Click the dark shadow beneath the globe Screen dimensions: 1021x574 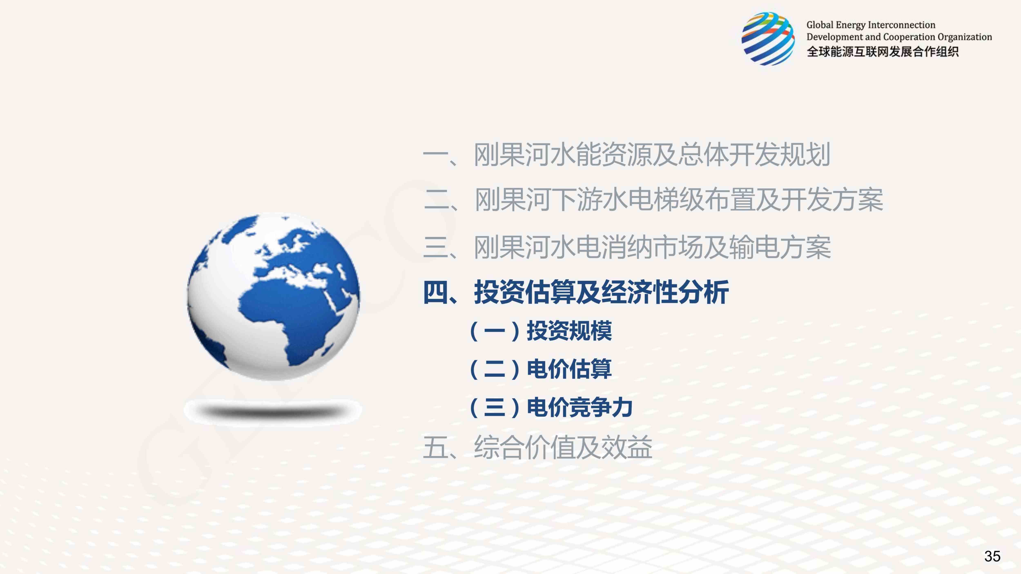pyautogui.click(x=273, y=411)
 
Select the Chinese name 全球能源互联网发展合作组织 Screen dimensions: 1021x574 pyautogui.click(x=883, y=51)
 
